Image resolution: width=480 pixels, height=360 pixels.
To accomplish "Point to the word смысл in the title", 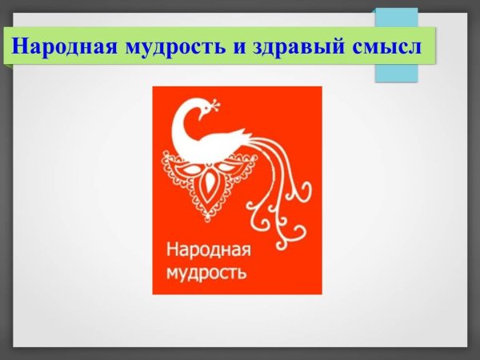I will pyautogui.click(x=388, y=46).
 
